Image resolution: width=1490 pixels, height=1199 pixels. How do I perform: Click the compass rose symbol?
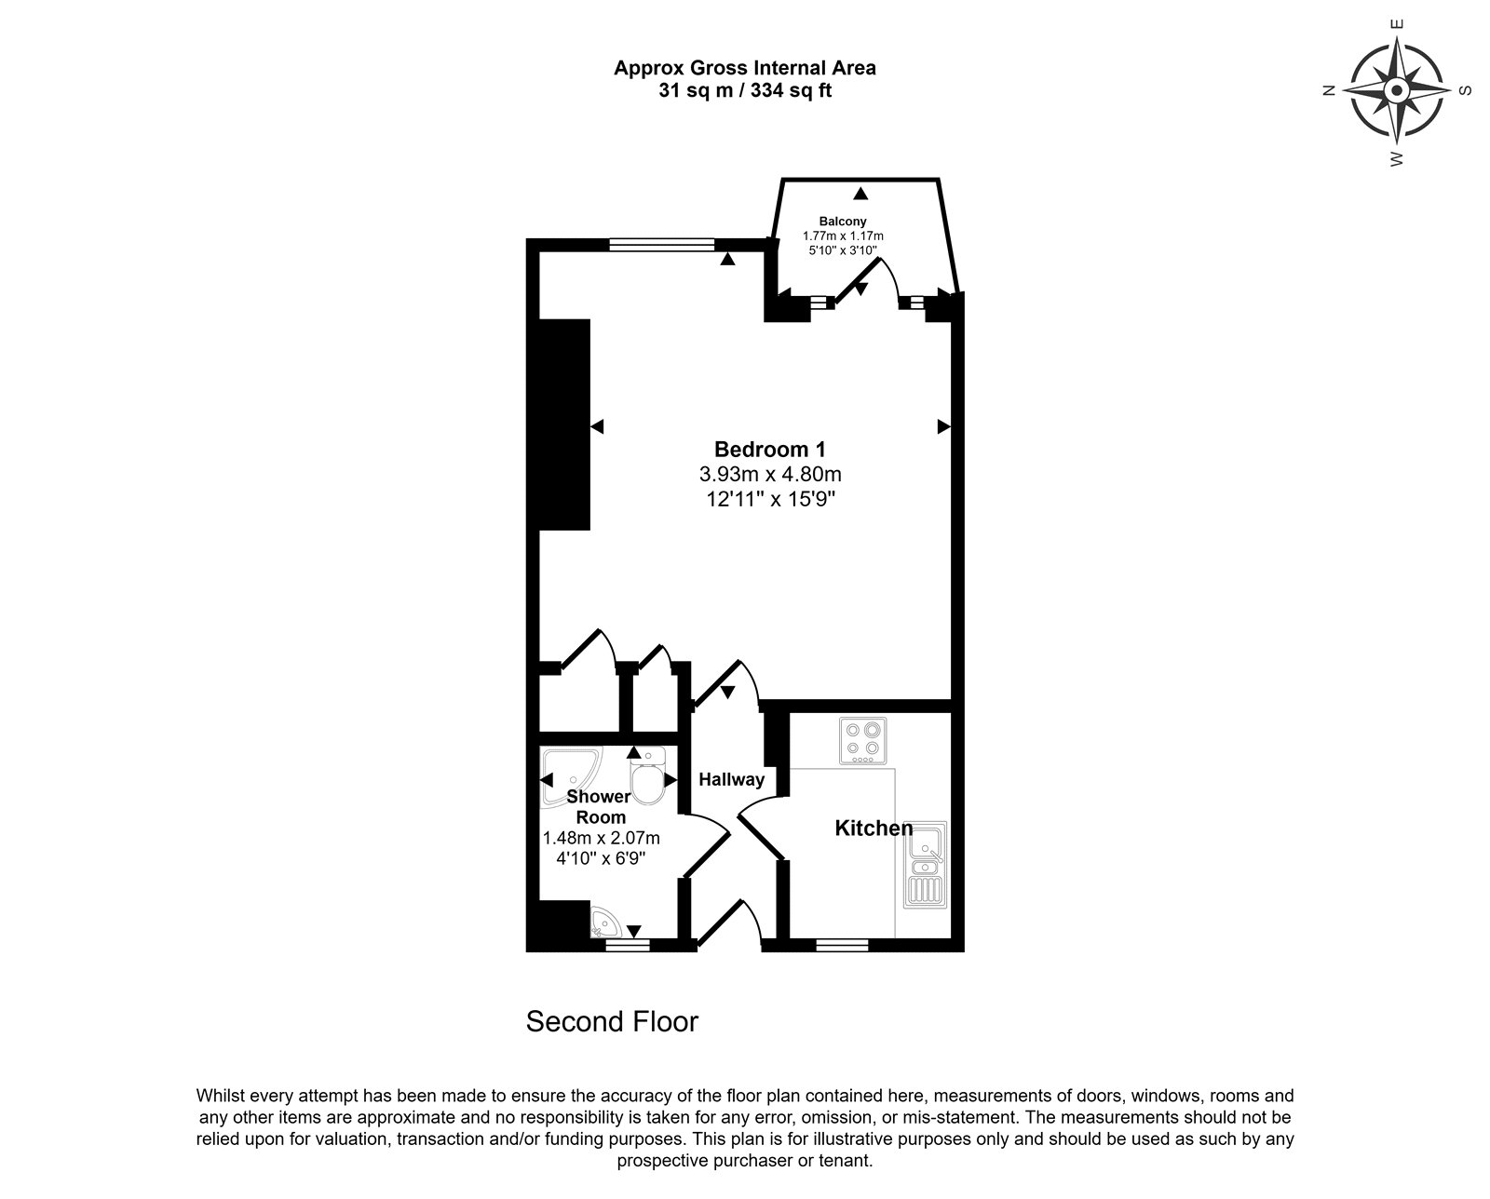(1397, 90)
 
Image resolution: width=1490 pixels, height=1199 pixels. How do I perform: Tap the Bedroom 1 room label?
(770, 450)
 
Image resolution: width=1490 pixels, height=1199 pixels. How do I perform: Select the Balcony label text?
(843, 222)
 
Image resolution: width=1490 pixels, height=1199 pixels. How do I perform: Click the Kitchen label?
(874, 828)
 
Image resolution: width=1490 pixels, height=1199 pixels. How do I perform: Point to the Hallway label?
(731, 779)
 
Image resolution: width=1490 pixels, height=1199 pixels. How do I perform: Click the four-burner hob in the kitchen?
(862, 741)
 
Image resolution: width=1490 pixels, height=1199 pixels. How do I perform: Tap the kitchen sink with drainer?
(925, 865)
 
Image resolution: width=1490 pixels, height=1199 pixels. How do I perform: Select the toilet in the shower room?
(648, 775)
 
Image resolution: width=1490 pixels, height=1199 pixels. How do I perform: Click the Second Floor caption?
(612, 1022)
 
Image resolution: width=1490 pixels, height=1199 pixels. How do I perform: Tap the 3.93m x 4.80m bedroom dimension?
(770, 474)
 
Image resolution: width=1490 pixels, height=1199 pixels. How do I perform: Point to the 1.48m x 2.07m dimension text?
(601, 839)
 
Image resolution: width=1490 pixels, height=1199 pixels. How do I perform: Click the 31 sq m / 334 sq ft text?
(745, 90)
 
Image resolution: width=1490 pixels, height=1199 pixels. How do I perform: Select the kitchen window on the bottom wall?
(842, 945)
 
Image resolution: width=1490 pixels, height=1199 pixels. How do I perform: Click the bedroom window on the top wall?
(662, 245)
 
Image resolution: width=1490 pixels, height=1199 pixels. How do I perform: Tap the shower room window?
(628, 945)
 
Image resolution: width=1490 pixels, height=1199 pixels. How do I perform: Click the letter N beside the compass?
(1329, 90)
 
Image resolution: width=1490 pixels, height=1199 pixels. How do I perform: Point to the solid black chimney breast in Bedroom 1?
(564, 425)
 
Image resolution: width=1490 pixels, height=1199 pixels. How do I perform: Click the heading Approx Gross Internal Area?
(745, 68)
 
